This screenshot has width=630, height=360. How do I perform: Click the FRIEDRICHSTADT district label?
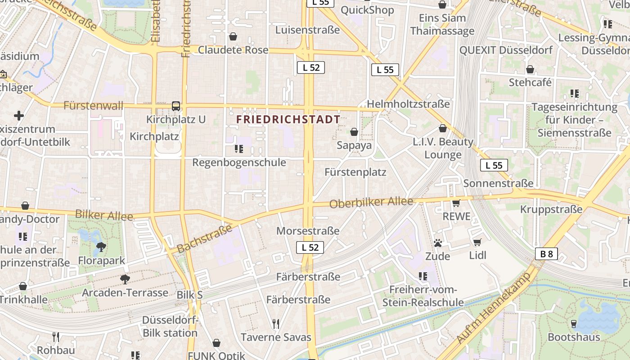[288, 119]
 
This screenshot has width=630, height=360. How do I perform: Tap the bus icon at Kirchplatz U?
[176, 106]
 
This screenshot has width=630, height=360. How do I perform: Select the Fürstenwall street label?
[93, 106]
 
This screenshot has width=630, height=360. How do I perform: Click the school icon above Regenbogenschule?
[239, 148]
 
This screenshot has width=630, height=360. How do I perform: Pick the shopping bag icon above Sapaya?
[354, 132]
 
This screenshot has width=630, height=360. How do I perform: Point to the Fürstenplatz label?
[355, 172]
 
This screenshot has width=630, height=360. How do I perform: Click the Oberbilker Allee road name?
[371, 202]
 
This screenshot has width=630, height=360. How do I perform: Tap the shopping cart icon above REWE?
[456, 203]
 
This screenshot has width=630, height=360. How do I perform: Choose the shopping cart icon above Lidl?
[477, 243]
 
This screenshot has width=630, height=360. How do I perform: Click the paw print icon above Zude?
[438, 243]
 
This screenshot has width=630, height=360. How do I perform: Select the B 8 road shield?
[547, 254]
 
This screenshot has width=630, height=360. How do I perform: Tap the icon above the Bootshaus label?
[574, 324]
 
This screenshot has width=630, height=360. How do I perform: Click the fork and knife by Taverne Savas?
[276, 324]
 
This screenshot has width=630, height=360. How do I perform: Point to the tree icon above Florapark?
[101, 247]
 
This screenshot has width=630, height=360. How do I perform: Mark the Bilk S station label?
[189, 295]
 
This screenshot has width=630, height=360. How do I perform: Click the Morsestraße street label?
[308, 231]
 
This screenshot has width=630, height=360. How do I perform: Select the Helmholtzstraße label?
[408, 104]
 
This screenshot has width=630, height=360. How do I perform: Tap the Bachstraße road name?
[204, 238]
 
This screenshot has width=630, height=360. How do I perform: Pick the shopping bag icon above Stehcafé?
[530, 70]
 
